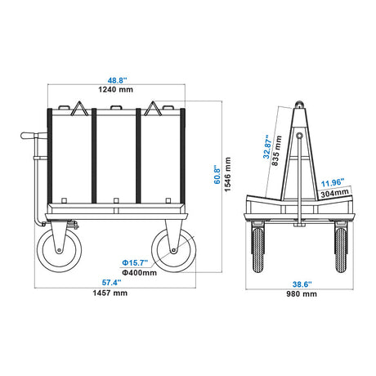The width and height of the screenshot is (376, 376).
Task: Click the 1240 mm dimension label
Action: point(116,89)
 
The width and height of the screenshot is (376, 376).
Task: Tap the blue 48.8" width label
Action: point(117,80)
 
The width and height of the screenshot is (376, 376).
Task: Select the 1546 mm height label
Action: point(227,174)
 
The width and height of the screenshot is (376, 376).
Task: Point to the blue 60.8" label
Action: point(217,174)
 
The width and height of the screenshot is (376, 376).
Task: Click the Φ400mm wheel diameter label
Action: point(139,272)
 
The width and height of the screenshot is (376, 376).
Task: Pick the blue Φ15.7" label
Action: point(135,263)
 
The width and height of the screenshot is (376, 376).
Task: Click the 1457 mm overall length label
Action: point(110,293)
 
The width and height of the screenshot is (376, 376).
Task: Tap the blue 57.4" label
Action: point(111,283)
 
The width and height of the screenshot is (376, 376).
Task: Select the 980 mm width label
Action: point(302,294)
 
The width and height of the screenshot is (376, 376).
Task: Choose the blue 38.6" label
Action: point(302,284)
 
